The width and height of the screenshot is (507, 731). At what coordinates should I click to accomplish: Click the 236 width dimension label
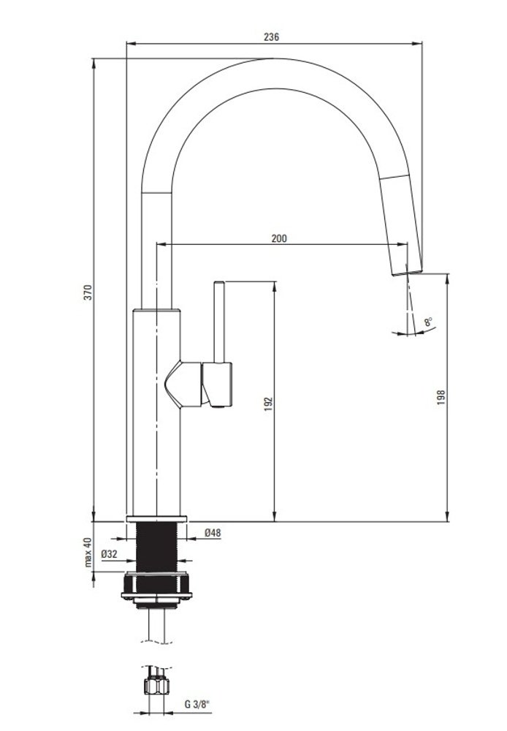(x=271, y=37)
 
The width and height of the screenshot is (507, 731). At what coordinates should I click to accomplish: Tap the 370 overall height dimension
(x=88, y=292)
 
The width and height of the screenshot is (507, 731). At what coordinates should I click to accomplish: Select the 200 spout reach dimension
(x=279, y=238)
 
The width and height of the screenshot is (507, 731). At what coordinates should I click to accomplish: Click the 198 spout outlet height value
(x=441, y=397)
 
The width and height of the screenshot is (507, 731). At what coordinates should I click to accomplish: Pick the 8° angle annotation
(x=428, y=322)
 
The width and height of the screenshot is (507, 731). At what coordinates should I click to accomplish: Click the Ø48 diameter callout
(x=213, y=532)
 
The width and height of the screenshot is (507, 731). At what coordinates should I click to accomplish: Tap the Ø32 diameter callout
(x=109, y=554)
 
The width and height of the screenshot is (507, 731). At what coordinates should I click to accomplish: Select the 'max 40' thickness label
(x=88, y=552)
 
